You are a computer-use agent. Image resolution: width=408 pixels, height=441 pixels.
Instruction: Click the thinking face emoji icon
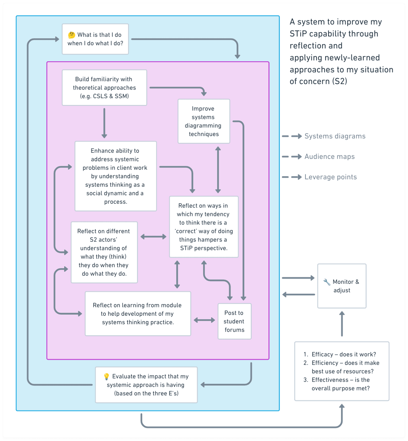coord(71,35)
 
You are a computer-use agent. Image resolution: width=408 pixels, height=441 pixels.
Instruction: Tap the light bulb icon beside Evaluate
coord(106,376)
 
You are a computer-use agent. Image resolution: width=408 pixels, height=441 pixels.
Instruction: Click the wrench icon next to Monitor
coord(327,282)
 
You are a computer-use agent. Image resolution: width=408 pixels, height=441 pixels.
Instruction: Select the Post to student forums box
coord(234,321)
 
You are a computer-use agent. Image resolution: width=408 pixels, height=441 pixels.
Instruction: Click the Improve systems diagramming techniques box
coord(204,121)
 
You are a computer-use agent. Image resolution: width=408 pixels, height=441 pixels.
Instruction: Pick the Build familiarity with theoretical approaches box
coord(104,88)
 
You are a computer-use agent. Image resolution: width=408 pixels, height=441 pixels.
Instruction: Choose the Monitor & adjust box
coord(342,286)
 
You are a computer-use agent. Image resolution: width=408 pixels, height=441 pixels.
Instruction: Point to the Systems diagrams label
coord(335,136)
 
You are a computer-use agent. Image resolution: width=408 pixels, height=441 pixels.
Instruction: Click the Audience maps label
coord(329,157)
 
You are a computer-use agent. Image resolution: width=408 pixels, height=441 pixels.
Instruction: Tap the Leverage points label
coord(331,177)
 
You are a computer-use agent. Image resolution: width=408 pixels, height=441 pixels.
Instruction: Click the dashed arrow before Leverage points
coord(292,177)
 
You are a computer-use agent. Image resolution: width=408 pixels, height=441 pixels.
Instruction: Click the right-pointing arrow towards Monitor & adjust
coord(298,278)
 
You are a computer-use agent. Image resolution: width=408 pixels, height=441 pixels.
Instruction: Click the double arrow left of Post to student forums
coord(204,320)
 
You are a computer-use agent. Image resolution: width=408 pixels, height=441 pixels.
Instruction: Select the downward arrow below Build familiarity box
coord(104,123)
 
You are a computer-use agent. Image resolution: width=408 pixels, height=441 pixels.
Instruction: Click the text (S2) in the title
coord(340,81)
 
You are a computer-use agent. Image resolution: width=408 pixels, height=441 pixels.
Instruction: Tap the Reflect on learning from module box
coord(138,314)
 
